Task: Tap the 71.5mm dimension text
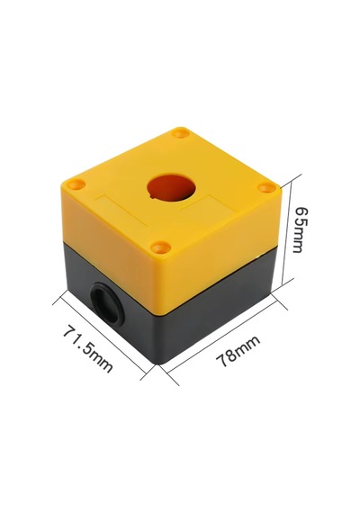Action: [x=88, y=347]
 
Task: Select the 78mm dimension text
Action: [x=238, y=351]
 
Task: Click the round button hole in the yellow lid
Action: [x=172, y=187]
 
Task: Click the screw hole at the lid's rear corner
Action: [x=181, y=133]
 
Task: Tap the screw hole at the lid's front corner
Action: [x=161, y=247]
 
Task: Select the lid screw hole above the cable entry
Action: [x=76, y=184]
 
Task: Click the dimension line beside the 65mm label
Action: [x=286, y=233]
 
